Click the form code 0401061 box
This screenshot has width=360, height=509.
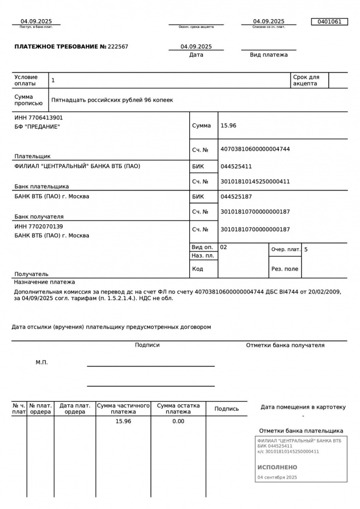coord(329,22)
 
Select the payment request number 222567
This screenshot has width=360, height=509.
coord(118,47)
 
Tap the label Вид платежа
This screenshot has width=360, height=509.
coord(268,55)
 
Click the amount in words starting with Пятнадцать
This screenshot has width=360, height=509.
coord(112,100)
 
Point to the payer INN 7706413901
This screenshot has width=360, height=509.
coord(39,118)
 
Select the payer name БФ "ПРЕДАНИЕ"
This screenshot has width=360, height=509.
coord(37,127)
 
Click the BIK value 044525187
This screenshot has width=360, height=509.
coord(236,196)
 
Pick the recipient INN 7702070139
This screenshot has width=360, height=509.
coord(39,226)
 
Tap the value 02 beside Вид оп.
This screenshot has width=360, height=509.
coord(224,247)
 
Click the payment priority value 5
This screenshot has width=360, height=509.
coord(306,249)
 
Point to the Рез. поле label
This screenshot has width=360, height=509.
coord(285,269)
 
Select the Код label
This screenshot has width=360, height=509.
coord(197,269)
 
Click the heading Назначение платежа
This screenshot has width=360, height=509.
coord(45,282)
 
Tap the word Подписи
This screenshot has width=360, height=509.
coord(147,345)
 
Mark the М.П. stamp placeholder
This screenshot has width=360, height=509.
coord(42,362)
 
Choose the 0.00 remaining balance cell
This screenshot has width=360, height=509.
coord(178,421)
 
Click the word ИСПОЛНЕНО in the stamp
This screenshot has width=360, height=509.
coord(277,468)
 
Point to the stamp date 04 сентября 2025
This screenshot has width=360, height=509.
coord(277,477)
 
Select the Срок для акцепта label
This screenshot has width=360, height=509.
coord(306,80)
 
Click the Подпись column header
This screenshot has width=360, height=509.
coord(226,409)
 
